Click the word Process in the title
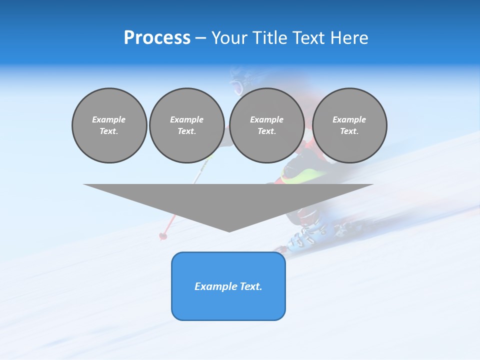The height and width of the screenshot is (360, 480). coord(157,38)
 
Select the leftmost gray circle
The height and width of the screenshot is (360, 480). coord(109,125)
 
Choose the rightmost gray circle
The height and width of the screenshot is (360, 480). coord(349,125)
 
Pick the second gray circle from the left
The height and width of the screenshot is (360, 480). coord(186,125)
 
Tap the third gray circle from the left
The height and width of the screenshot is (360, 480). coord(266,125)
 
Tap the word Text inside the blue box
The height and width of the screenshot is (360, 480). coord(250,286)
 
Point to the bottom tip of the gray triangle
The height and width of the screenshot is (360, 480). coord(229,231)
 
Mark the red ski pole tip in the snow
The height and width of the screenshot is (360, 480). coord(162,235)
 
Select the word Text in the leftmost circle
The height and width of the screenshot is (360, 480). coord(109,131)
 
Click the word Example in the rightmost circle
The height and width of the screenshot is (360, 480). coord(349,119)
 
